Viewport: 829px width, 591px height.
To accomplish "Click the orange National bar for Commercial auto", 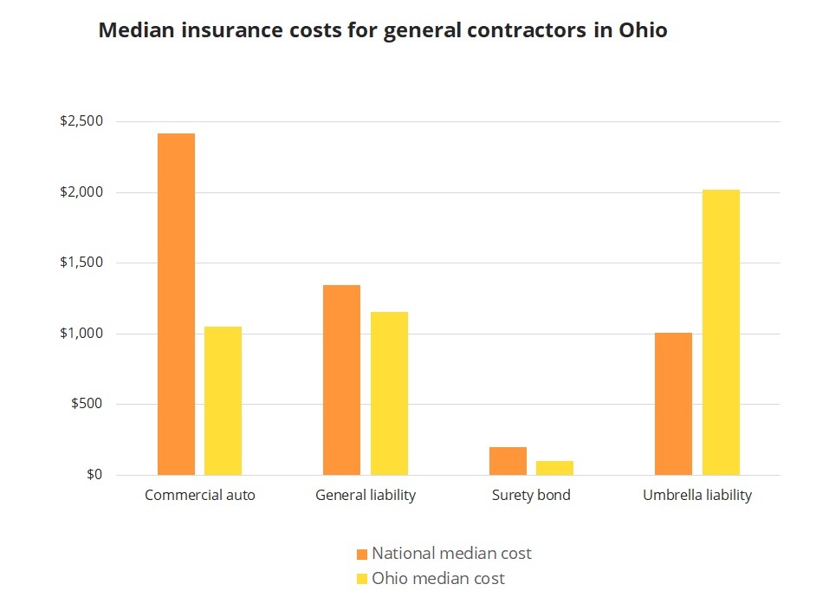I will (176, 304).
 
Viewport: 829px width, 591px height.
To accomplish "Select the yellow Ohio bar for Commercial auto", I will (223, 400).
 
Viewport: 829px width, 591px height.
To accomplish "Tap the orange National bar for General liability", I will (341, 380).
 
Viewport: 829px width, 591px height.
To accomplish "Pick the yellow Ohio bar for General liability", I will (389, 393).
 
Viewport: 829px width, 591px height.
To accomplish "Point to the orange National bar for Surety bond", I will (508, 461).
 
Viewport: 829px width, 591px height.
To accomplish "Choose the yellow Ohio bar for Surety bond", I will (554, 468).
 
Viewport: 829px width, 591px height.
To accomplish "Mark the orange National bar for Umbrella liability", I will (673, 404).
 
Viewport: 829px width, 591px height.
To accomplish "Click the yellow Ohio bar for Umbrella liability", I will (721, 332).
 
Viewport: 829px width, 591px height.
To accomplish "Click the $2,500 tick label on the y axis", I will (81, 121).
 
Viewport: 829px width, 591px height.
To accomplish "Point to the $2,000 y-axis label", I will (81, 192).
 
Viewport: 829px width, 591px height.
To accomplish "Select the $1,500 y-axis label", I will (81, 263).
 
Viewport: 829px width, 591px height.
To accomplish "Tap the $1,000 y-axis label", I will (81, 334).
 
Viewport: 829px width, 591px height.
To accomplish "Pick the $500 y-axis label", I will (87, 404).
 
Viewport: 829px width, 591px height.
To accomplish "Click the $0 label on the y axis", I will (93, 475).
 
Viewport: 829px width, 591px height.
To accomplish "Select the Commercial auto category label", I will (200, 496).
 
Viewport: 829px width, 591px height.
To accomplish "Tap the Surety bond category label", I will (531, 496).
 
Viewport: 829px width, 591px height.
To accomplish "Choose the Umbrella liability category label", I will (697, 496).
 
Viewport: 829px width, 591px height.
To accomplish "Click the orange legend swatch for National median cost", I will (363, 554).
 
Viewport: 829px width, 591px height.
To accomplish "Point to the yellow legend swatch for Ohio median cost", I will (363, 578).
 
